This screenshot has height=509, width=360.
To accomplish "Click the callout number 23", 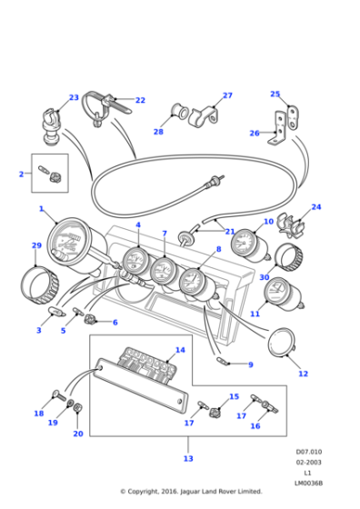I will pyautogui.click(x=74, y=97).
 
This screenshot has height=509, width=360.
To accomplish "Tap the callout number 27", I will pyautogui.click(x=227, y=95).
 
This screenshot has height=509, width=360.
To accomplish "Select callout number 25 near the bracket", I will pyautogui.click(x=275, y=94).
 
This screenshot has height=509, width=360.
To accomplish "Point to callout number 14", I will pyautogui.click(x=180, y=350).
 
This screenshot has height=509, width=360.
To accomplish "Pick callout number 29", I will pyautogui.click(x=36, y=245).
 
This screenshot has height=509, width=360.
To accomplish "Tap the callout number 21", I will pyautogui.click(x=229, y=232).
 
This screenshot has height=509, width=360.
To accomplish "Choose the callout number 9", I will pyautogui.click(x=251, y=364).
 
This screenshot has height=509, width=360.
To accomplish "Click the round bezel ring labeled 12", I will pyautogui.click(x=284, y=346).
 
